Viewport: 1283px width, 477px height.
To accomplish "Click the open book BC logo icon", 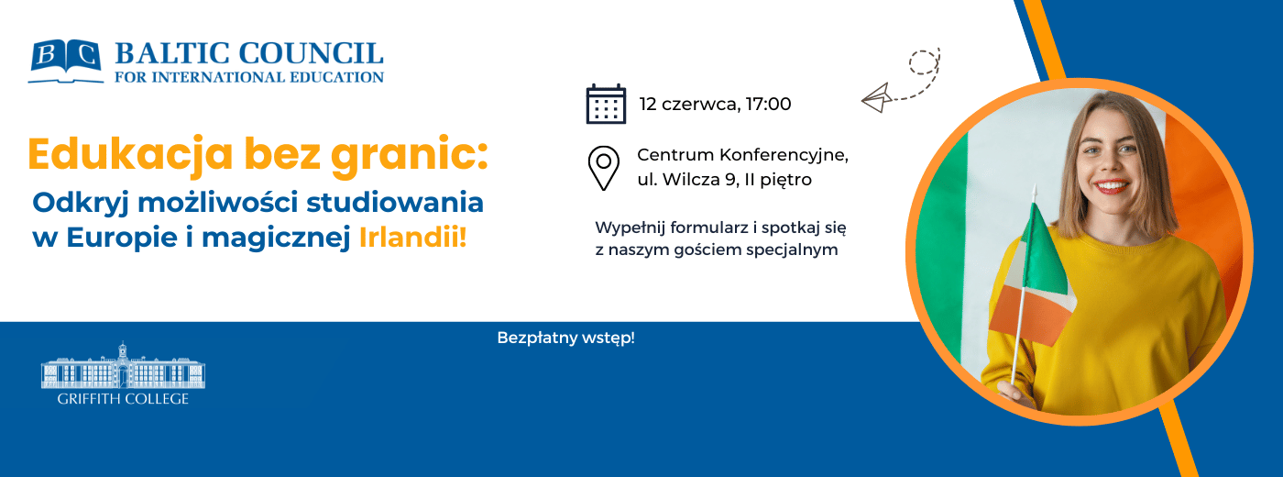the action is [x=66, y=61].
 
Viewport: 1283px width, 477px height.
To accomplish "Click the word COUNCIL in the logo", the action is [x=311, y=54].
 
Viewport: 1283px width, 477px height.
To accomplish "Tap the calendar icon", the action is [x=606, y=104].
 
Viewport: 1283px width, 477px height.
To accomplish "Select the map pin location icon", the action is [x=604, y=168].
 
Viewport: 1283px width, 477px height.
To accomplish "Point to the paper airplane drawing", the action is [x=876, y=97].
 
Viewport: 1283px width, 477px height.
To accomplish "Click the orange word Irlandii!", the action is [x=413, y=237].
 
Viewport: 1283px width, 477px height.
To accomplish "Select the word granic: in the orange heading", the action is [x=410, y=155].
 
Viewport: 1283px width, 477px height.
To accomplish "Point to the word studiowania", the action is [x=395, y=203].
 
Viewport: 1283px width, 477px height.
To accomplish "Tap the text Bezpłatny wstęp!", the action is [x=566, y=338].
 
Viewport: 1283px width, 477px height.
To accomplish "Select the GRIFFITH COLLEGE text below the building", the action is [x=123, y=399].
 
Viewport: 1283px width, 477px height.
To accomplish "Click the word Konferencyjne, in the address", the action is [x=784, y=155].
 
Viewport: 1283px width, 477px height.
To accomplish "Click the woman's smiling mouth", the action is [x=1110, y=187].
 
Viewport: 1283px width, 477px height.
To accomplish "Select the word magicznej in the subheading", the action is [x=276, y=238].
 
